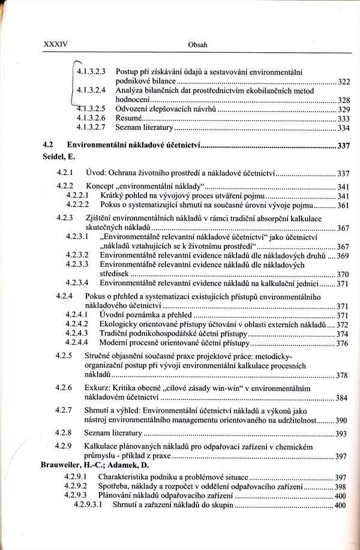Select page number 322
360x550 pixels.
[343, 81]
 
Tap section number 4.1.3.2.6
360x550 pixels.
[91, 119]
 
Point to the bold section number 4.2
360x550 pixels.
[48, 145]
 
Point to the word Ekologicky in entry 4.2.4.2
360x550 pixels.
[118, 324]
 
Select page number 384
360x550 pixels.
[341, 398]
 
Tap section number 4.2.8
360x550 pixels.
[64, 432]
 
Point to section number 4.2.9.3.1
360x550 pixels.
[88, 505]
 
